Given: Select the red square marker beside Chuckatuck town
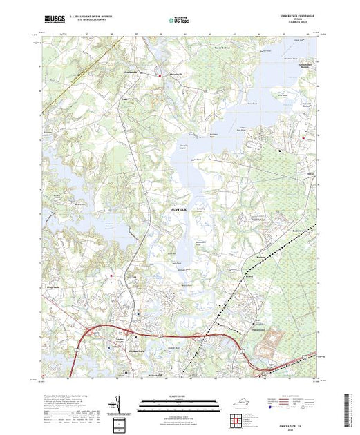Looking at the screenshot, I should coord(160,74).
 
